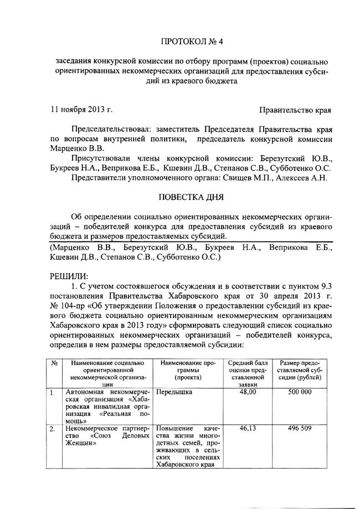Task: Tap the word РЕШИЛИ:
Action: [69, 275]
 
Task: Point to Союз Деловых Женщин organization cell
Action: [100, 436]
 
